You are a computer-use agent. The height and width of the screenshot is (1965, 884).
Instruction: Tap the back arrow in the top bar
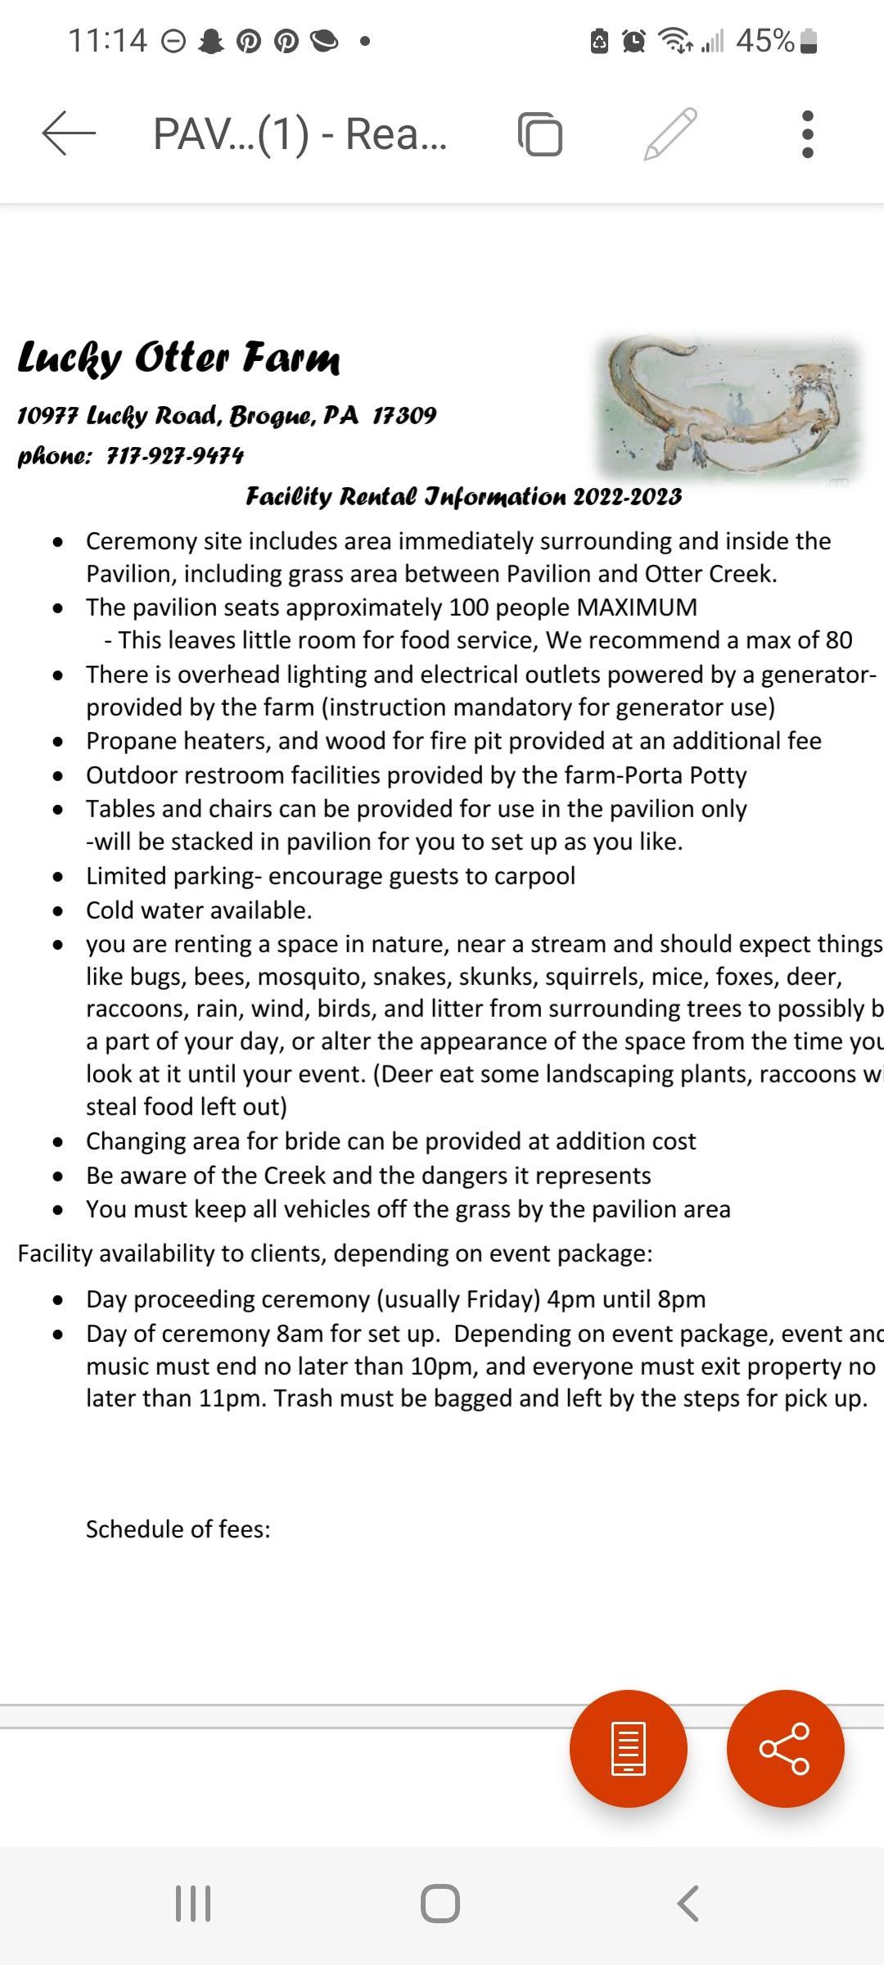click(69, 133)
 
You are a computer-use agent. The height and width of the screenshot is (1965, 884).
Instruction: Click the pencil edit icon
click(670, 133)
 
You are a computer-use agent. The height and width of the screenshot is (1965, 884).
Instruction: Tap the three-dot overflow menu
click(807, 133)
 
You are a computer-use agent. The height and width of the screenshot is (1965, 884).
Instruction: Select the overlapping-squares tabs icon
click(540, 133)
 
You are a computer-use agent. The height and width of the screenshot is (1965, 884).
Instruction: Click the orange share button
click(785, 1748)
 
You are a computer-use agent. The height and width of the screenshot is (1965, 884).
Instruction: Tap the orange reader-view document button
click(628, 1748)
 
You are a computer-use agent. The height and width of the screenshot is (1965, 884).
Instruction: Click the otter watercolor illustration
click(728, 407)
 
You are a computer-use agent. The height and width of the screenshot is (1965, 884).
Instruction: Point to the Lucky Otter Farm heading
click(178, 357)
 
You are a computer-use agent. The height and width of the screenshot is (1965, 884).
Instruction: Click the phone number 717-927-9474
click(175, 455)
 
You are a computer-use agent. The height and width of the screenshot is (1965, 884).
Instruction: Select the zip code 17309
click(404, 415)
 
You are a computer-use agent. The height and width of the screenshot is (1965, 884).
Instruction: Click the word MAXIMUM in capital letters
click(637, 608)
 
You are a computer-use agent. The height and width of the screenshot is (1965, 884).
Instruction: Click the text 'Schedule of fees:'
click(178, 1529)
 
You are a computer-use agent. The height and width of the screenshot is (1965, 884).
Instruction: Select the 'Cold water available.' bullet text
click(199, 910)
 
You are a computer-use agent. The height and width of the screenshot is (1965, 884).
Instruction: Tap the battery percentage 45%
click(764, 40)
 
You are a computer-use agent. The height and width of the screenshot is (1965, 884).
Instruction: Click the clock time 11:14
click(107, 40)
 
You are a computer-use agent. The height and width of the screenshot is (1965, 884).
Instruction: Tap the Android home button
click(440, 1903)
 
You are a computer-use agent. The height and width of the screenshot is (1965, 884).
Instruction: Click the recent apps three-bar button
click(193, 1903)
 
